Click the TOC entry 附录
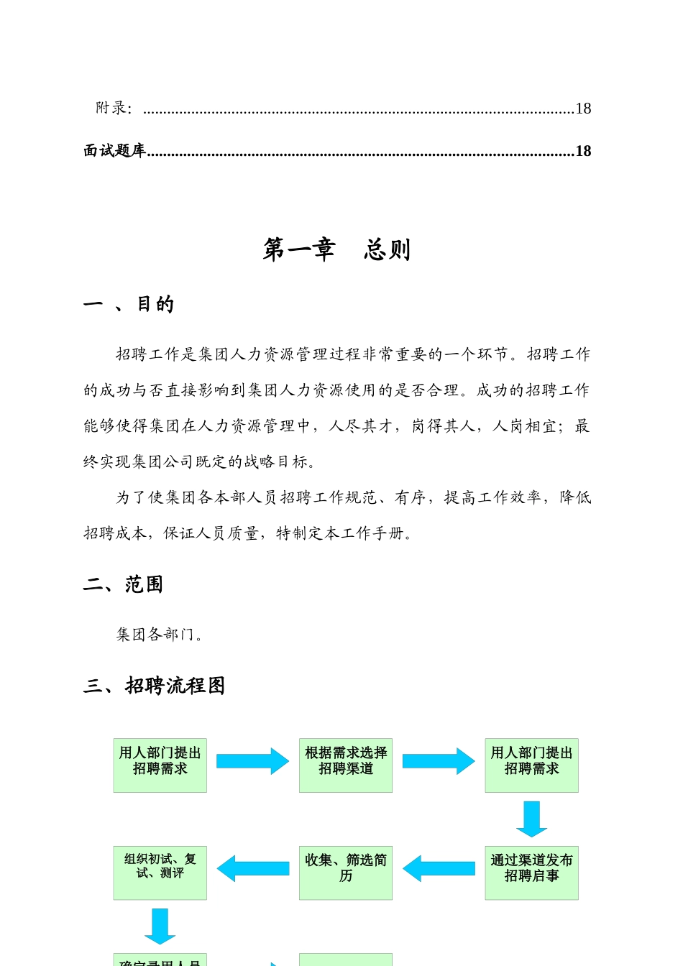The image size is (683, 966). (114, 108)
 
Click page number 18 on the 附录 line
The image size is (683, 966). (583, 109)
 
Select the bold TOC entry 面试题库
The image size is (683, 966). (115, 150)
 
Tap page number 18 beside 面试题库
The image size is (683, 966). (583, 151)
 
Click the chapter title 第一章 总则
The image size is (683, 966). (336, 249)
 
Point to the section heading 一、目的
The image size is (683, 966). (129, 304)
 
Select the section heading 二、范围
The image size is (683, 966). (123, 584)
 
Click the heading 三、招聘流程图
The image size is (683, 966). (155, 686)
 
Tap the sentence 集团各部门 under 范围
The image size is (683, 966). (160, 634)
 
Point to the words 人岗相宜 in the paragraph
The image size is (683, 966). (525, 426)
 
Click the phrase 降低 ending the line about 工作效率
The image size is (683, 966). (575, 497)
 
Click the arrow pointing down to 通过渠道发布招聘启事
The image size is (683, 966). (532, 819)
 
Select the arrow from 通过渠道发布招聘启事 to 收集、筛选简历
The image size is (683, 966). (439, 868)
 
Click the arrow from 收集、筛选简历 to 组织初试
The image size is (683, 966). (253, 868)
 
